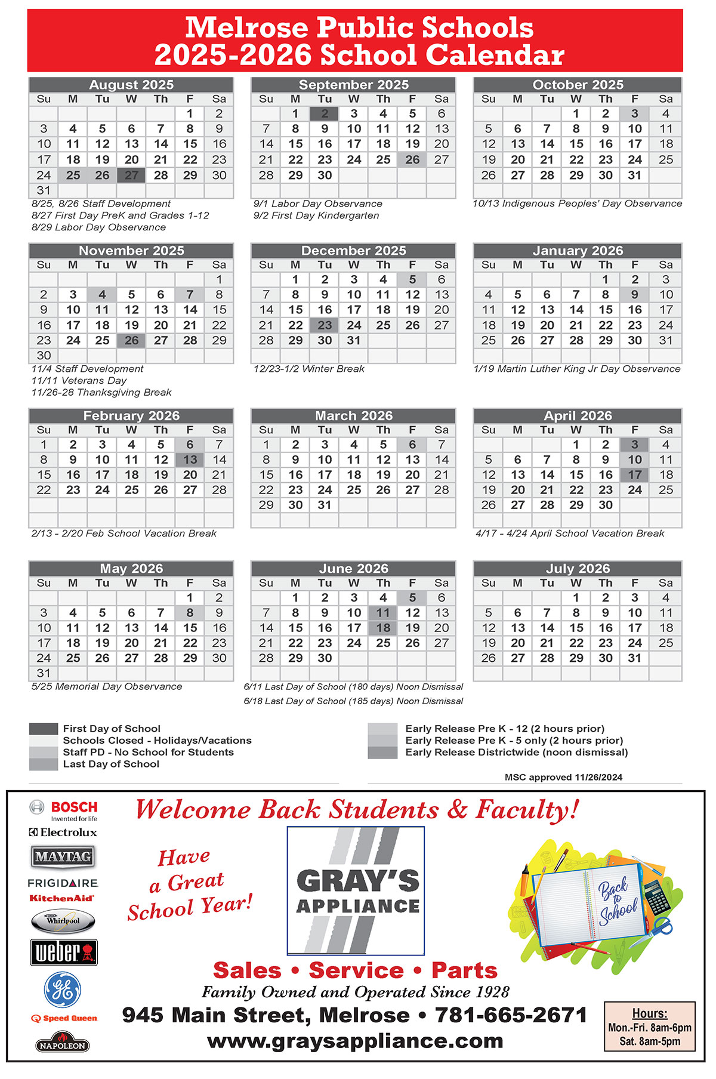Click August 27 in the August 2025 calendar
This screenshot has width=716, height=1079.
131,175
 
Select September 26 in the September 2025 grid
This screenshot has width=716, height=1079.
412,160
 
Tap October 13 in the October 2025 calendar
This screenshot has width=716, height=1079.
517,144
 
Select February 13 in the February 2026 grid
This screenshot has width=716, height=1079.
190,460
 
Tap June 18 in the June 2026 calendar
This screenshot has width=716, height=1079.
383,628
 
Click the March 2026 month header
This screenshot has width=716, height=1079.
353,416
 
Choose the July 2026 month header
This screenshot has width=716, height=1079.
577,569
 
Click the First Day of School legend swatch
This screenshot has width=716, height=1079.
44,729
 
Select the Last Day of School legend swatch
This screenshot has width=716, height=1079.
44,764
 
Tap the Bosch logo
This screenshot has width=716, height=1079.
63,810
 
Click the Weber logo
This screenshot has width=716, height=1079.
63,952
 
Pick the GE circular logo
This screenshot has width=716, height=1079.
63,989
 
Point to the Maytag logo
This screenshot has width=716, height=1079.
63,857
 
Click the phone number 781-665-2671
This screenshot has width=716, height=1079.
511,1015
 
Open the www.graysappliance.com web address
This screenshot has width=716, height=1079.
355,1041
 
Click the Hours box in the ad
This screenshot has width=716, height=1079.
649,1027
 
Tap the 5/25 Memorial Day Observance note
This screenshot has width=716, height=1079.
107,687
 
